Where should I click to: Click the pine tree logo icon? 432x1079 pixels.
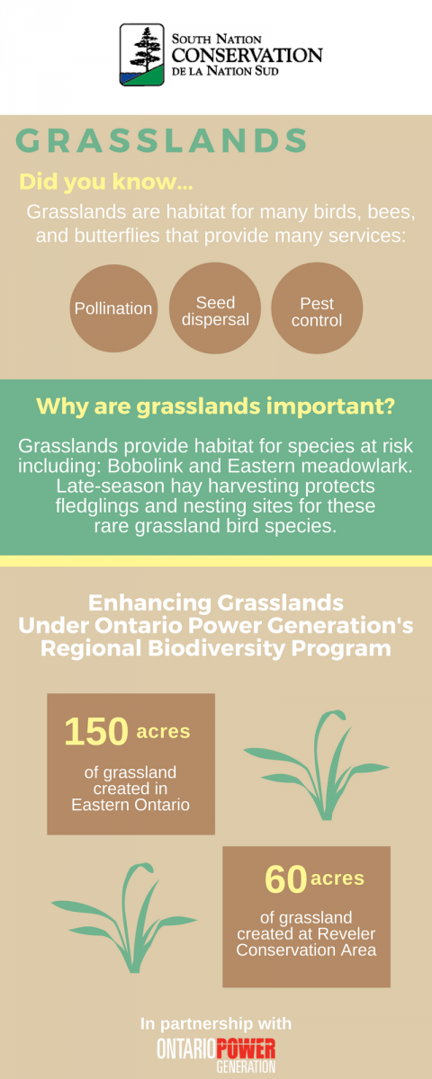142,55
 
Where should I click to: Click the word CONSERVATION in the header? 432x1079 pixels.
247,56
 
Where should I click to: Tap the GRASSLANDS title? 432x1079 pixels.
161,140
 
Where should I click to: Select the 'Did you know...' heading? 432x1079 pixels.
105,182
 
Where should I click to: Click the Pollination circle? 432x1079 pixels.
113,308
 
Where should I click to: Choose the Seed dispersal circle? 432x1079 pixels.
215,308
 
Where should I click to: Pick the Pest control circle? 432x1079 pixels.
317,308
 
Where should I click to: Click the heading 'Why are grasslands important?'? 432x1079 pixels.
215,406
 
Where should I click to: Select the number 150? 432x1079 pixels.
96,731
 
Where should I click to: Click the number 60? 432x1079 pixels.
286,879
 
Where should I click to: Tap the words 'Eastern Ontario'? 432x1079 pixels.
130,805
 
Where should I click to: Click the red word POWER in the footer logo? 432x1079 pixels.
246,1048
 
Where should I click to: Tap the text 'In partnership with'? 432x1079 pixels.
216,1023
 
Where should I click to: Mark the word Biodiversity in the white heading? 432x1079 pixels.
217,648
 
